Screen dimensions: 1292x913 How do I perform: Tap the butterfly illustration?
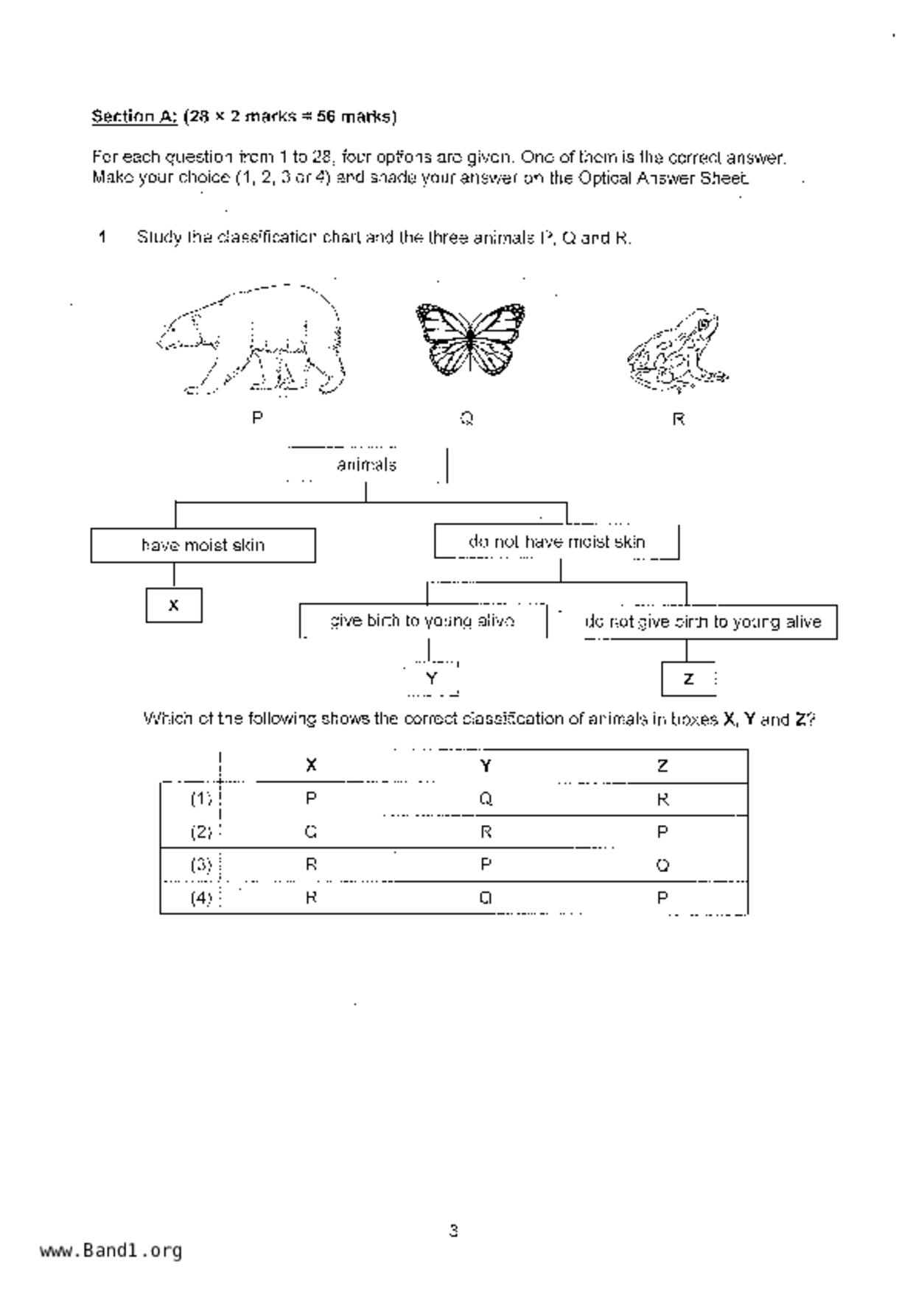470,339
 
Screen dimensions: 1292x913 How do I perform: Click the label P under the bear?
257,418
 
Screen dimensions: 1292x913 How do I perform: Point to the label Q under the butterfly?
466,418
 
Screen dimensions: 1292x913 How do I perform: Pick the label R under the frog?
679,419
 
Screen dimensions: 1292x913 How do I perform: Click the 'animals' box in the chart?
366,465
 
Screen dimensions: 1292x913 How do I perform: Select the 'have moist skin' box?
203,545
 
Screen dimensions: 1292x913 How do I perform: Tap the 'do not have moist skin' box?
556,542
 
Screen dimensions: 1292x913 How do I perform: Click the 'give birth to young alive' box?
422,621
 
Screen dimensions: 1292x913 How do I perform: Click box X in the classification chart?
174,605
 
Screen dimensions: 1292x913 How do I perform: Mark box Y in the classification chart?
432,678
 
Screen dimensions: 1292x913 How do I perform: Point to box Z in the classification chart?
688,679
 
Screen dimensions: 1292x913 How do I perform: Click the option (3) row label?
201,865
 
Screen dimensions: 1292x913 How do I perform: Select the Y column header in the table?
486,766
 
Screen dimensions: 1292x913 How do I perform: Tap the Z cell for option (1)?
662,799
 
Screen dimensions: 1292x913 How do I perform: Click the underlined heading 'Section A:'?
134,116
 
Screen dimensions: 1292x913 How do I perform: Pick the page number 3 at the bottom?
454,1230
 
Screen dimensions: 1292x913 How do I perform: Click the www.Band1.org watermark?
111,1250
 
